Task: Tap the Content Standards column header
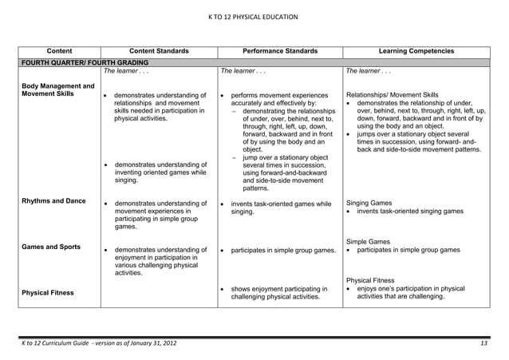tap(156, 51)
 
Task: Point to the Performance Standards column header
tap(279, 51)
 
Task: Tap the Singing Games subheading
tap(369, 203)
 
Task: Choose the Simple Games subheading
tap(368, 240)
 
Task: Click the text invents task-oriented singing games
tap(420, 212)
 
